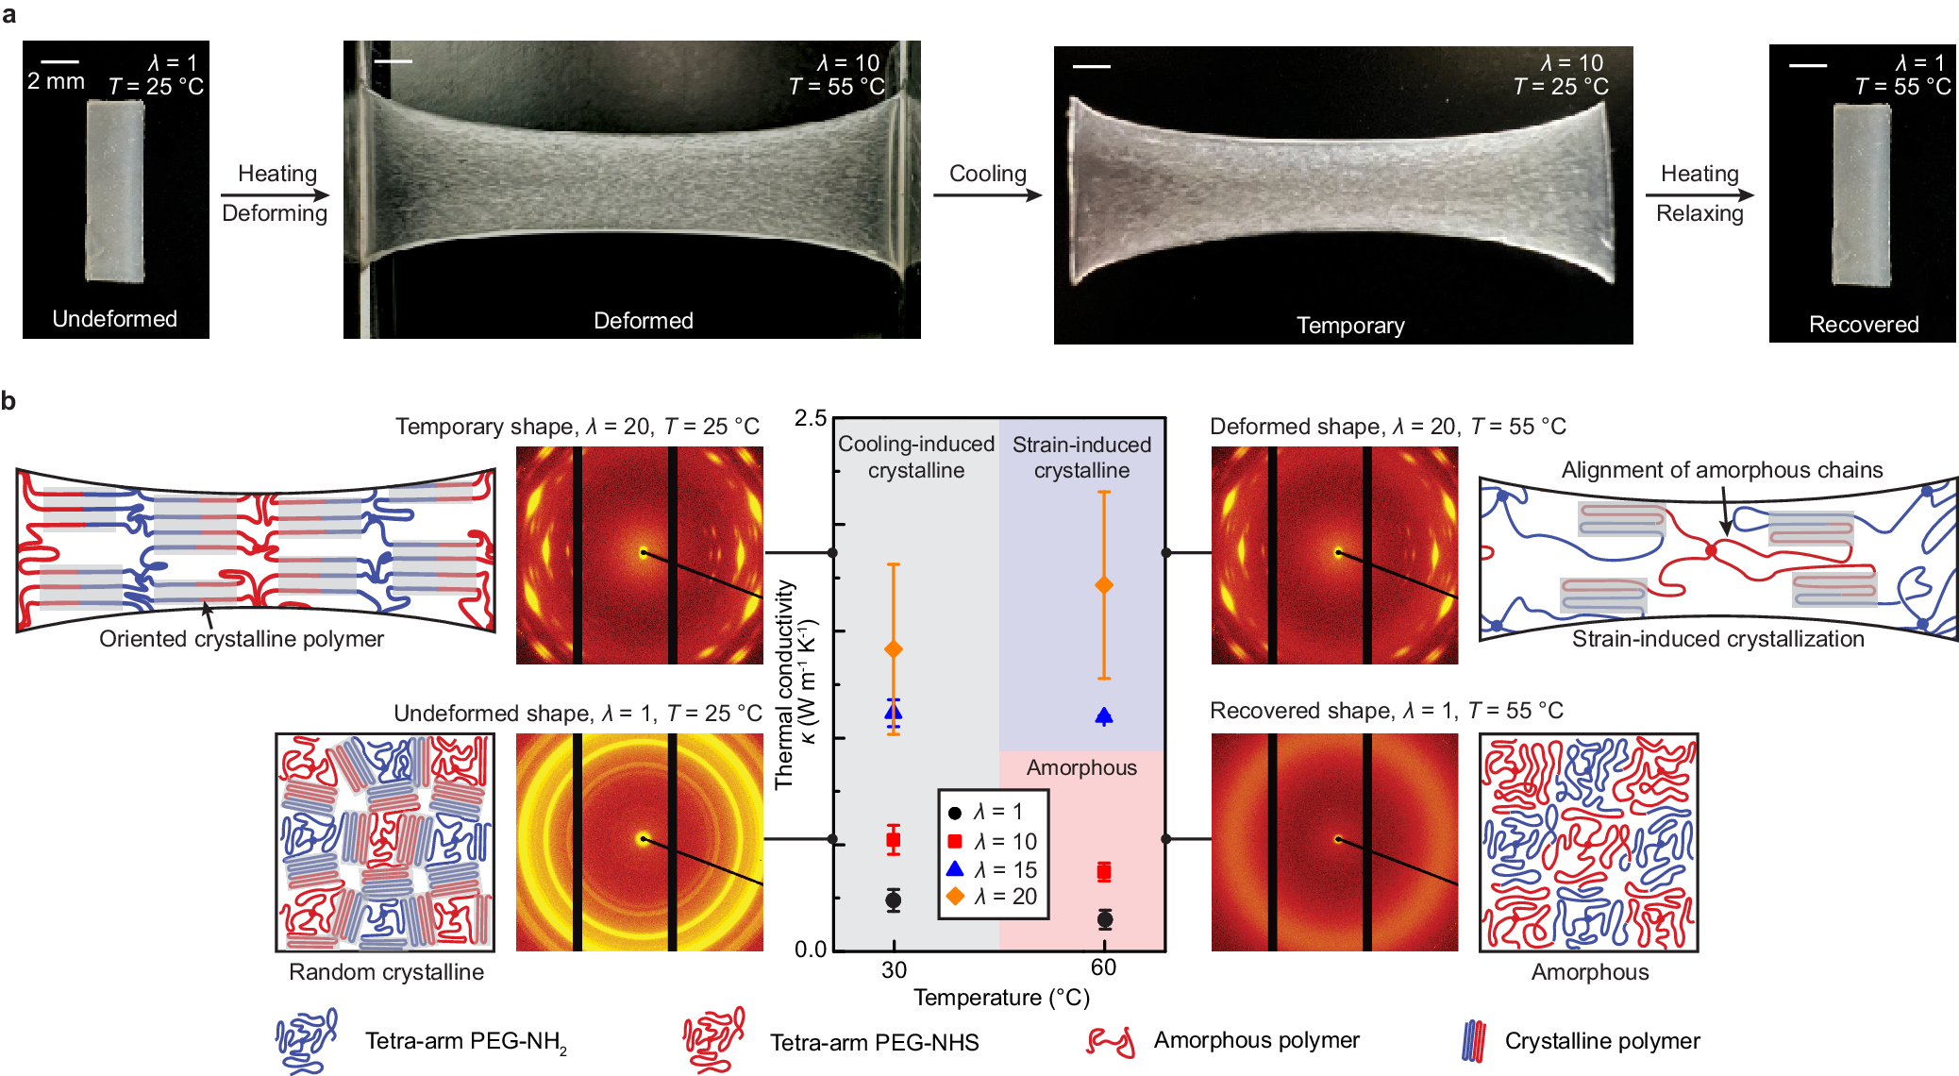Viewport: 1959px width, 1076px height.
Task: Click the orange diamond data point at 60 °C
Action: click(1103, 585)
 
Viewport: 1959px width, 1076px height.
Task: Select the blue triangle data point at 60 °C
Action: click(1103, 716)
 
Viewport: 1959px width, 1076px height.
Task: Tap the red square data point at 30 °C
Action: click(893, 839)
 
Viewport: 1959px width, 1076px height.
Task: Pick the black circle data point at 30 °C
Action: click(893, 899)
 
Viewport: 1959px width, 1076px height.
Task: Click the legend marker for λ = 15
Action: click(955, 868)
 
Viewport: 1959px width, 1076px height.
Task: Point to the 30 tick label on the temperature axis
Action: click(894, 969)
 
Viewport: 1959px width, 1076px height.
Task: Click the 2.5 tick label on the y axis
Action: click(810, 418)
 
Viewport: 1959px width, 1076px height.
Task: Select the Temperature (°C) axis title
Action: click(1001, 998)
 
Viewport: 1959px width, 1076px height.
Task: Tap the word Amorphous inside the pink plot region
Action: click(1081, 767)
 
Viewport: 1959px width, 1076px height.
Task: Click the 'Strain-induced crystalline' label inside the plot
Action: click(1081, 457)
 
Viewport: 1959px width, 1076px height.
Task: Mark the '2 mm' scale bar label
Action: click(56, 81)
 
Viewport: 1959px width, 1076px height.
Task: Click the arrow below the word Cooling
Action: click(987, 195)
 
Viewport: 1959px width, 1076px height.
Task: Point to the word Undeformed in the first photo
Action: click(114, 319)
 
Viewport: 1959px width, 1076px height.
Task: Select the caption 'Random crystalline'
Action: click(386, 972)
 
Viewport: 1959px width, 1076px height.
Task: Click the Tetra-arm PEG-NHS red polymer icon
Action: click(713, 1039)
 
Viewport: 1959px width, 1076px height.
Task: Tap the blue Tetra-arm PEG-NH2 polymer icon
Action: click(306, 1040)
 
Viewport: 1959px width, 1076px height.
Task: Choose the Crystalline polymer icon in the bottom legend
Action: click(1472, 1041)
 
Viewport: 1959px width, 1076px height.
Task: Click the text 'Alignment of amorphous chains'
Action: click(1721, 470)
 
